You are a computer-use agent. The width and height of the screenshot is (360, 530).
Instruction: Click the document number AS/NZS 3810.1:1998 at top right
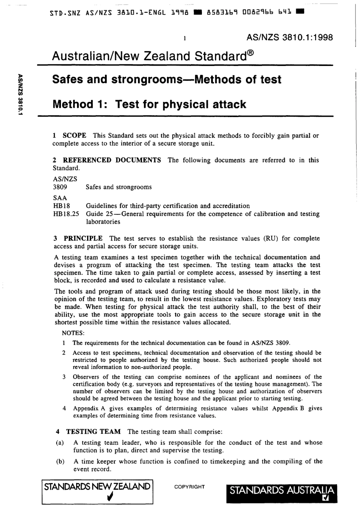click(290, 38)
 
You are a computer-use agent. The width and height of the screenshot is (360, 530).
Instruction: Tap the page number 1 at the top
click(184, 38)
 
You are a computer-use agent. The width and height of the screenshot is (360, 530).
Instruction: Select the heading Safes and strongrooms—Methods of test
click(166, 80)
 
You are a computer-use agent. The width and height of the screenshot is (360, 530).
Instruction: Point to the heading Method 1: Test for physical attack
click(149, 104)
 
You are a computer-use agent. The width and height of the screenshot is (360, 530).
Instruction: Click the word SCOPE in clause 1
click(74, 136)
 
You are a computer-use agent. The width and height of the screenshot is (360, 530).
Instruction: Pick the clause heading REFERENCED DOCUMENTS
click(112, 160)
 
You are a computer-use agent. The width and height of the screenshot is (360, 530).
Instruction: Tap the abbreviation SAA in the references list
click(60, 198)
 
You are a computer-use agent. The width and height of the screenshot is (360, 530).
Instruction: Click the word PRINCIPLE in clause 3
click(83, 238)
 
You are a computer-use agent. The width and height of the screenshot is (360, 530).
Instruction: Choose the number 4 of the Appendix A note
click(64, 408)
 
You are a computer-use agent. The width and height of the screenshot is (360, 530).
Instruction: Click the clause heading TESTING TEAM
click(93, 432)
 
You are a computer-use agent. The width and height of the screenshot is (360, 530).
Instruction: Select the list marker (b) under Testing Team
click(59, 461)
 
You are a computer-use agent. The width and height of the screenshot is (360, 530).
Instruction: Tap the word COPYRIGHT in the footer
click(189, 487)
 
